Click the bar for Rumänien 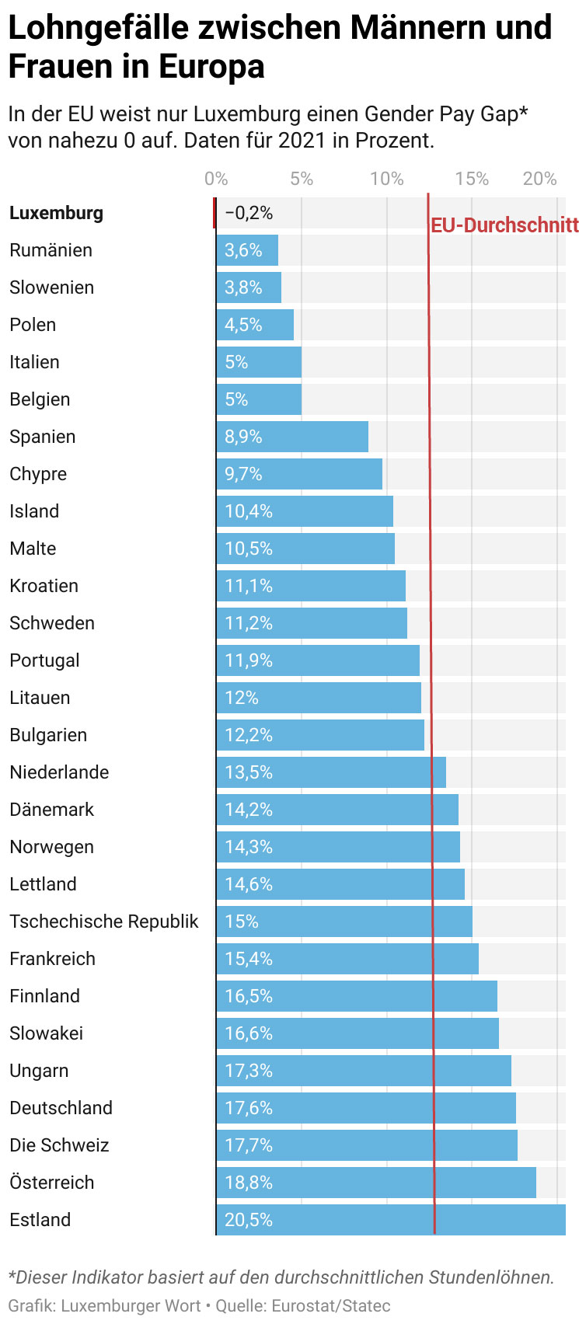tap(247, 250)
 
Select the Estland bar tap(390, 1220)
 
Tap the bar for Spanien tap(292, 437)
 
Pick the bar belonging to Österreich tap(376, 1183)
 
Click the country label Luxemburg tap(56, 213)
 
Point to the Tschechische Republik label tap(104, 922)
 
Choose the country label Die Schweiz tap(59, 1145)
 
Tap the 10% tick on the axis tap(386, 179)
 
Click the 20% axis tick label tap(540, 179)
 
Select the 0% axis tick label tap(216, 179)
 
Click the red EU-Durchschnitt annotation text tap(504, 225)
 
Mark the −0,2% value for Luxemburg tap(249, 213)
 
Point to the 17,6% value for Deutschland tap(249, 1108)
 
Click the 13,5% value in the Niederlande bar tap(249, 772)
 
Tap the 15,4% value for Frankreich tap(249, 959)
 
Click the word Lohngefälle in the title tap(98, 29)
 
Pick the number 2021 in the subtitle tap(302, 141)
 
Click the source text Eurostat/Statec tap(331, 1306)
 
